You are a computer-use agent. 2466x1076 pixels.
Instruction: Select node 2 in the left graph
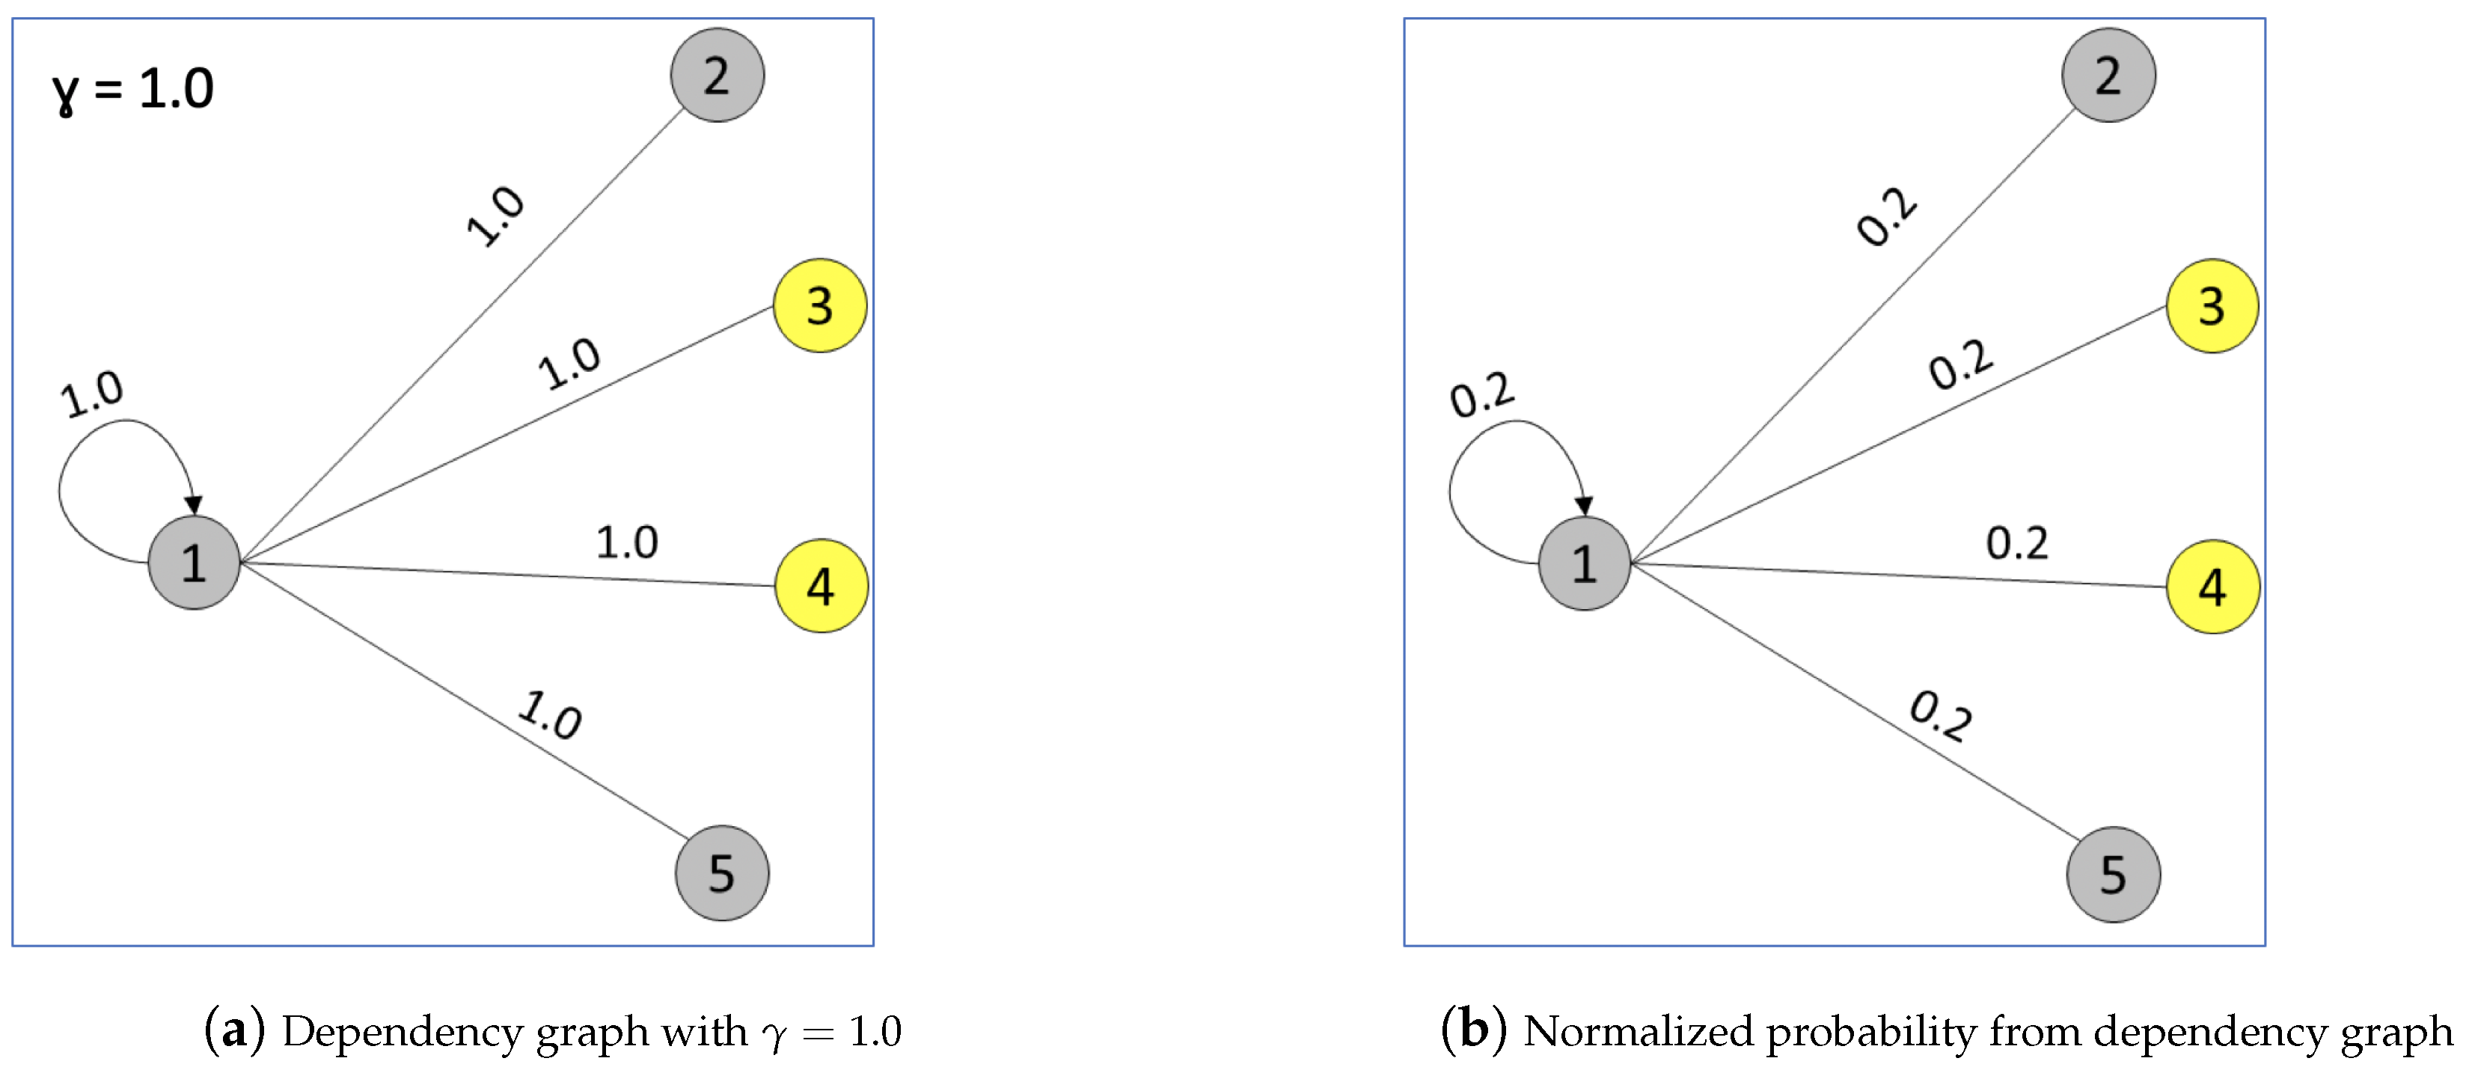pos(717,75)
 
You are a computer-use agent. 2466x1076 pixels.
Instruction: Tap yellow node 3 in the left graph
pos(819,305)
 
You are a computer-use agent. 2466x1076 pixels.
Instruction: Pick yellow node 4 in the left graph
pos(821,585)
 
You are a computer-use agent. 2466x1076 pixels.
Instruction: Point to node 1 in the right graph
pos(1585,563)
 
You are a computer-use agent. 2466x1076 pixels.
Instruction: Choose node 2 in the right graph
pos(2108,75)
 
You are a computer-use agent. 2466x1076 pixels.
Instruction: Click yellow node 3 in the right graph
pos(2212,305)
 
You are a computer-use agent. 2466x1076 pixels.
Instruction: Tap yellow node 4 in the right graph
pos(2212,586)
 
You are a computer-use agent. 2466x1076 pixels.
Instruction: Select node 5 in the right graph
pos(2113,873)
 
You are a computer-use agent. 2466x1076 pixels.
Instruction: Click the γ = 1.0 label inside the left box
pos(133,90)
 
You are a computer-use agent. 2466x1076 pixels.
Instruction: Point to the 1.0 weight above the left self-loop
pos(92,394)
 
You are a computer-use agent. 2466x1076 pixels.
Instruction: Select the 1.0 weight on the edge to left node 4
pos(627,542)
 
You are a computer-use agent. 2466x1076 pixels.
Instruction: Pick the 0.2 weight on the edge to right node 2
pos(1887,217)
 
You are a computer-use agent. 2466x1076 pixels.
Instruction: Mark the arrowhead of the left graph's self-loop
pos(195,504)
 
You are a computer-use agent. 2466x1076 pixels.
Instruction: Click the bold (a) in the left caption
pos(233,1030)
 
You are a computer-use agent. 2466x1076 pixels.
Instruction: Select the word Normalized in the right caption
pos(1637,1031)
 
